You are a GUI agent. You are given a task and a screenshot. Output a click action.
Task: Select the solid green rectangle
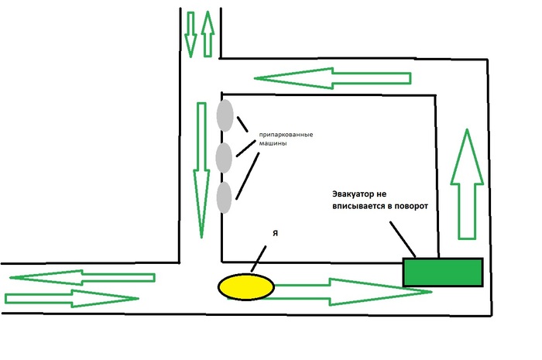click(443, 272)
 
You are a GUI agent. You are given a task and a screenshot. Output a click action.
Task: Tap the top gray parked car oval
click(225, 116)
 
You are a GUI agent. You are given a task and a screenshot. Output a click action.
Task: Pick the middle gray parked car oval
click(225, 157)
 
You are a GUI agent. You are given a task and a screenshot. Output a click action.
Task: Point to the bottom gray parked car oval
click(225, 197)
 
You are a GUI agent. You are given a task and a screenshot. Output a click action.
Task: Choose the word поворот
click(409, 207)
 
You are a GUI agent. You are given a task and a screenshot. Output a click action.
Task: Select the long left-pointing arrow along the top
click(334, 77)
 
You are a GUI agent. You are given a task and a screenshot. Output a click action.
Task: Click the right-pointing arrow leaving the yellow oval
click(352, 291)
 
